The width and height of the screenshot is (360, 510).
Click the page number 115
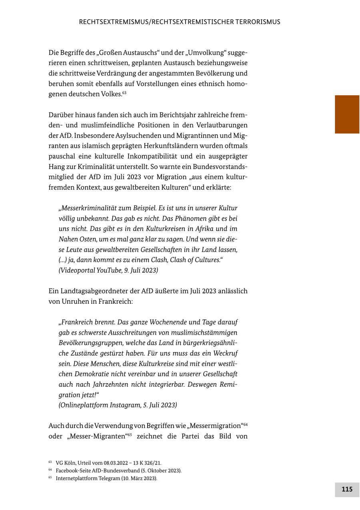[x=347, y=489]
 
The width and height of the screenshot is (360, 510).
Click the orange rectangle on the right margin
[x=347, y=114]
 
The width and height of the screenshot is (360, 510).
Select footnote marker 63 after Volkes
[x=124, y=93]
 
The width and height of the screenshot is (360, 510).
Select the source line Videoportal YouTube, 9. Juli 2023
[x=108, y=271]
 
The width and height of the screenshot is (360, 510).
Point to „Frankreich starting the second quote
[x=76, y=322]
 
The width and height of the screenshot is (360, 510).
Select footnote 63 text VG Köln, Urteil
[x=108, y=463]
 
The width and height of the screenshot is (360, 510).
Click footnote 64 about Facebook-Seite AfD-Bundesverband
[x=118, y=471]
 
